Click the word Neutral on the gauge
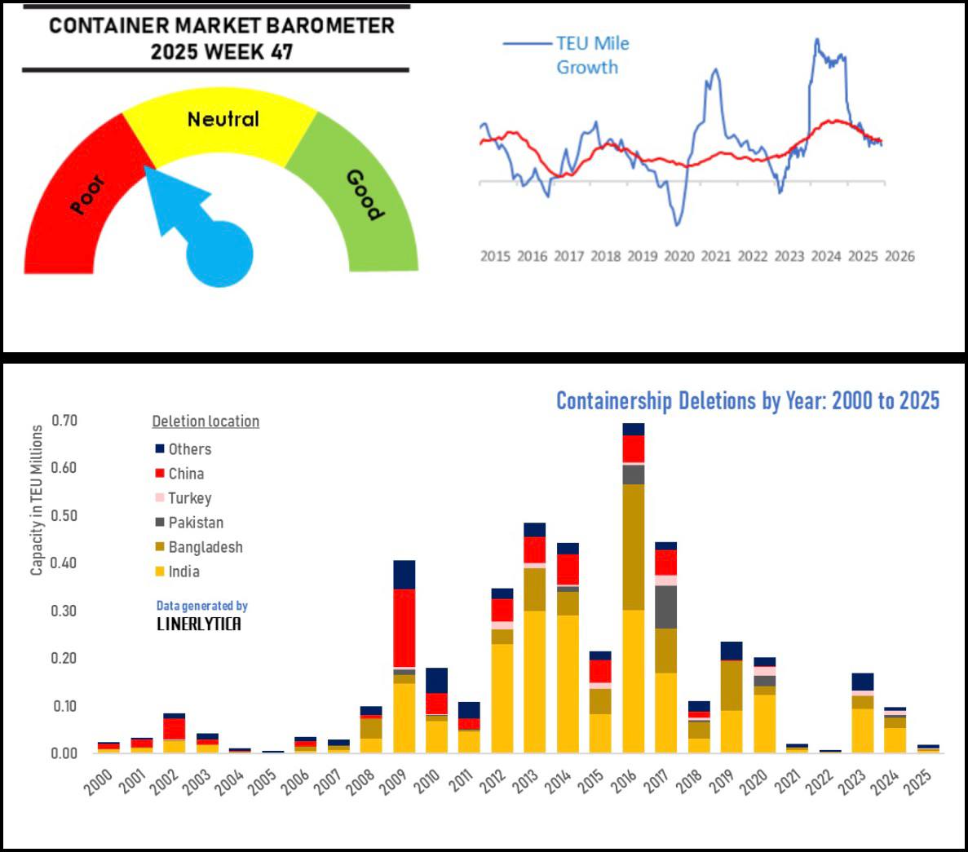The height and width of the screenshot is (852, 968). coord(223,119)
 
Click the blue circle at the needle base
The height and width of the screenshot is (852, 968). coord(219,254)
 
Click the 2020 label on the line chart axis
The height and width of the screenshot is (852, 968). coord(678,256)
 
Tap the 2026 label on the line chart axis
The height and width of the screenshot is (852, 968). coord(899,256)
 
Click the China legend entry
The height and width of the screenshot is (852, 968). coord(186,474)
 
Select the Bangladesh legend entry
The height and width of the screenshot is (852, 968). coord(205,547)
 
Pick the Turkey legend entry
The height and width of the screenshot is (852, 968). coord(189,498)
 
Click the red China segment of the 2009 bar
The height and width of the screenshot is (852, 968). coord(404,628)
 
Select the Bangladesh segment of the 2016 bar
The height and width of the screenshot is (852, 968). coord(633,546)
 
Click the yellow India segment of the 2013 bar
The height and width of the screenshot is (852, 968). coord(535,681)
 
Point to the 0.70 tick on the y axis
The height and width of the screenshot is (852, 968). coord(64,421)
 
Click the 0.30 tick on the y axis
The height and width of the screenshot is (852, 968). coord(64,611)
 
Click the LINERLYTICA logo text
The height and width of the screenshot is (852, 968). coord(198,625)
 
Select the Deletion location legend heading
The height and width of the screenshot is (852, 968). coord(206,422)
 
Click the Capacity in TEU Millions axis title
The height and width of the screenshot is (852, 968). coord(37,500)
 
